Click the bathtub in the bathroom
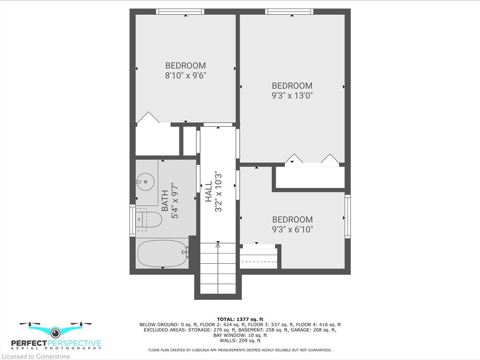tap(162, 253)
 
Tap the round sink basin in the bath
tap(145, 182)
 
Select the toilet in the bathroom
tap(149, 219)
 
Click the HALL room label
tap(208, 191)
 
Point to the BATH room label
tap(165, 201)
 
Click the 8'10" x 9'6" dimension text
tap(185, 75)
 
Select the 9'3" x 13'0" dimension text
tap(292, 95)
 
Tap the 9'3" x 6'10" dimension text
tap(292, 230)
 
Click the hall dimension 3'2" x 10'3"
tap(218, 191)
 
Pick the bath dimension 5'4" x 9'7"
tap(175, 201)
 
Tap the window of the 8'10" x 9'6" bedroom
tap(180, 12)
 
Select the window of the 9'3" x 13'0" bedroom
tap(290, 12)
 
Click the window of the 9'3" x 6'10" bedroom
tap(348, 216)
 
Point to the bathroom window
tap(132, 221)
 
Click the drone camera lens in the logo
tap(55, 332)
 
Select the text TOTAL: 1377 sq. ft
tap(240, 319)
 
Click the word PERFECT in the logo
tap(29, 343)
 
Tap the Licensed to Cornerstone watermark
tap(36, 356)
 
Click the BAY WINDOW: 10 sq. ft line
tap(240, 335)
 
